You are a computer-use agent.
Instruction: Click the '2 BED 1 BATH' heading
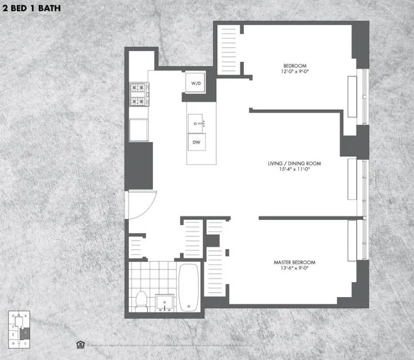tap(31, 9)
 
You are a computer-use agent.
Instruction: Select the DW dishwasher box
tap(196, 143)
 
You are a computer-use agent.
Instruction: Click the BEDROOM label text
tap(294, 65)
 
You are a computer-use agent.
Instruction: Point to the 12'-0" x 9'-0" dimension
tap(294, 72)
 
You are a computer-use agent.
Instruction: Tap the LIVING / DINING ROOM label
tap(294, 164)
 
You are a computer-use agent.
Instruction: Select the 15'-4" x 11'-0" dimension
tap(294, 170)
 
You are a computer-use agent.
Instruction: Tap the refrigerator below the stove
tap(138, 130)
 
